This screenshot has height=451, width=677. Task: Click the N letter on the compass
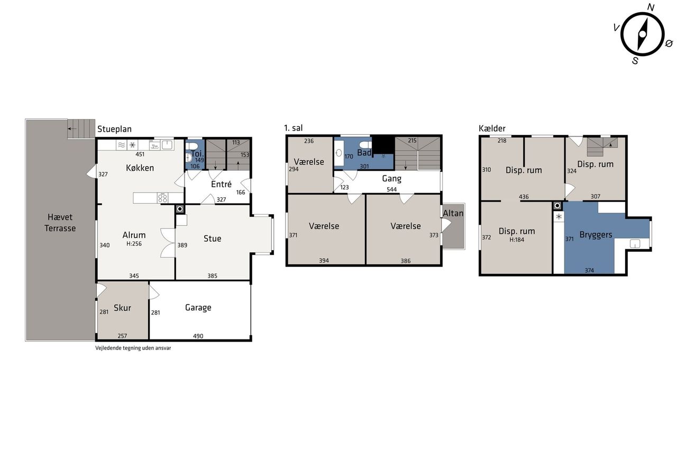tap(651, 7)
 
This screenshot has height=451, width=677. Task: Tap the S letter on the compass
tap(635, 61)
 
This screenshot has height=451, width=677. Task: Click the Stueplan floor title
tap(114, 130)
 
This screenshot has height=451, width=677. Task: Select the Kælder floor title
tap(492, 128)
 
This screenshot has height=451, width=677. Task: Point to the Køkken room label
tap(140, 168)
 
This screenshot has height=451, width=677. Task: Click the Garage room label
tap(198, 308)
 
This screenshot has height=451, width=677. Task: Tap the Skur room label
tap(122, 308)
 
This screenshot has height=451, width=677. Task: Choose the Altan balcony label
tap(453, 213)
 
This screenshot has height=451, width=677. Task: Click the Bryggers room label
tap(596, 235)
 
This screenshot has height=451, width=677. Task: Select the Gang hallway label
tap(392, 179)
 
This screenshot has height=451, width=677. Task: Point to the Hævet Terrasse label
tap(60, 223)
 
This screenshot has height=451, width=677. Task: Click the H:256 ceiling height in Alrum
tap(134, 244)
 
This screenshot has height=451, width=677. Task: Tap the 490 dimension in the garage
tap(198, 336)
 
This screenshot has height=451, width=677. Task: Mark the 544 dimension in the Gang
tap(392, 189)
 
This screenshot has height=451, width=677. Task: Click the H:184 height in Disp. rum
tap(517, 240)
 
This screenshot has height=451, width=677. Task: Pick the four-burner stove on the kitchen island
tap(162, 198)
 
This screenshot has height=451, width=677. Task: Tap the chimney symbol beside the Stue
tap(180, 209)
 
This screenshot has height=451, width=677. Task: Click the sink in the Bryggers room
tap(635, 243)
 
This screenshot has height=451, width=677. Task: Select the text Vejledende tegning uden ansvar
tap(133, 348)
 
